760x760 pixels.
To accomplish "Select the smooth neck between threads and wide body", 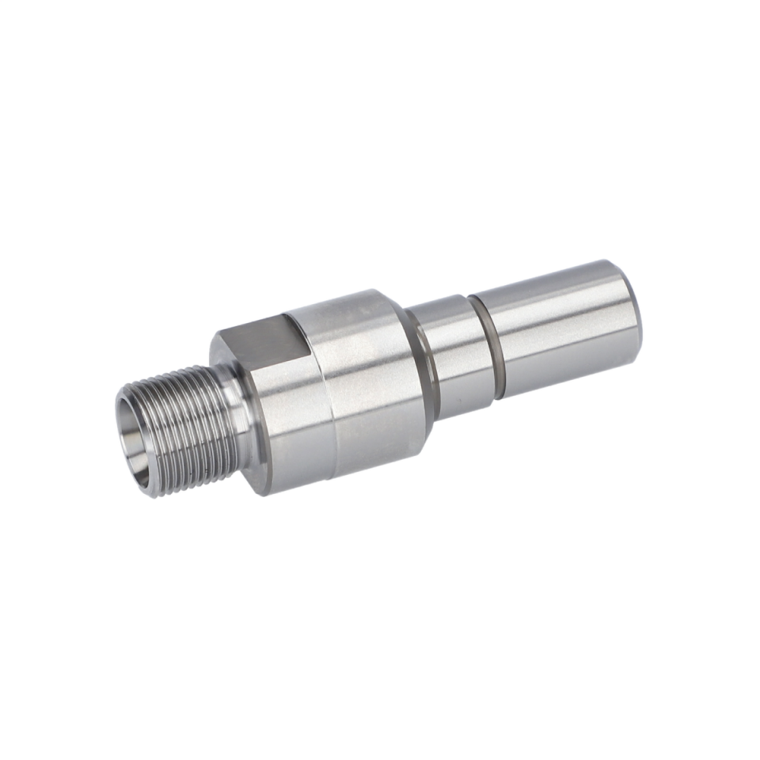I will click(x=237, y=412).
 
